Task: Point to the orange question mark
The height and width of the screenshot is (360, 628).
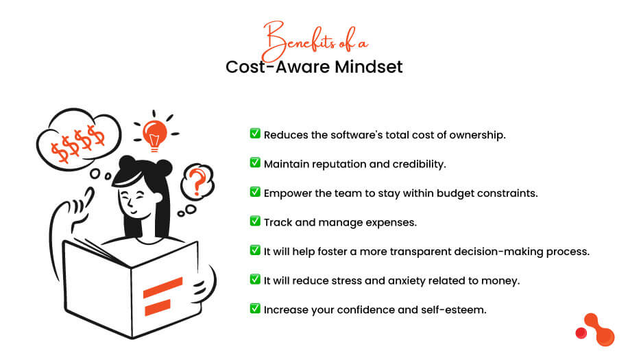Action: click(197, 182)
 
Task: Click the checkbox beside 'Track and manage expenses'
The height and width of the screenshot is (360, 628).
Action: click(255, 221)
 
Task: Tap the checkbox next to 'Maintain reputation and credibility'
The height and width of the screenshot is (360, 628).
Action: click(255, 163)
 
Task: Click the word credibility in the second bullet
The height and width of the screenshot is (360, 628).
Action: click(414, 163)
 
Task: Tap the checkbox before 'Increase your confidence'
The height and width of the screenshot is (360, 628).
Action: click(255, 309)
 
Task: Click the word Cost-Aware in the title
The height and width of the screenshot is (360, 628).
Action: click(274, 67)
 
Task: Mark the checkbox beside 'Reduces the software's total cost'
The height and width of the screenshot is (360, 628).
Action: click(255, 134)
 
